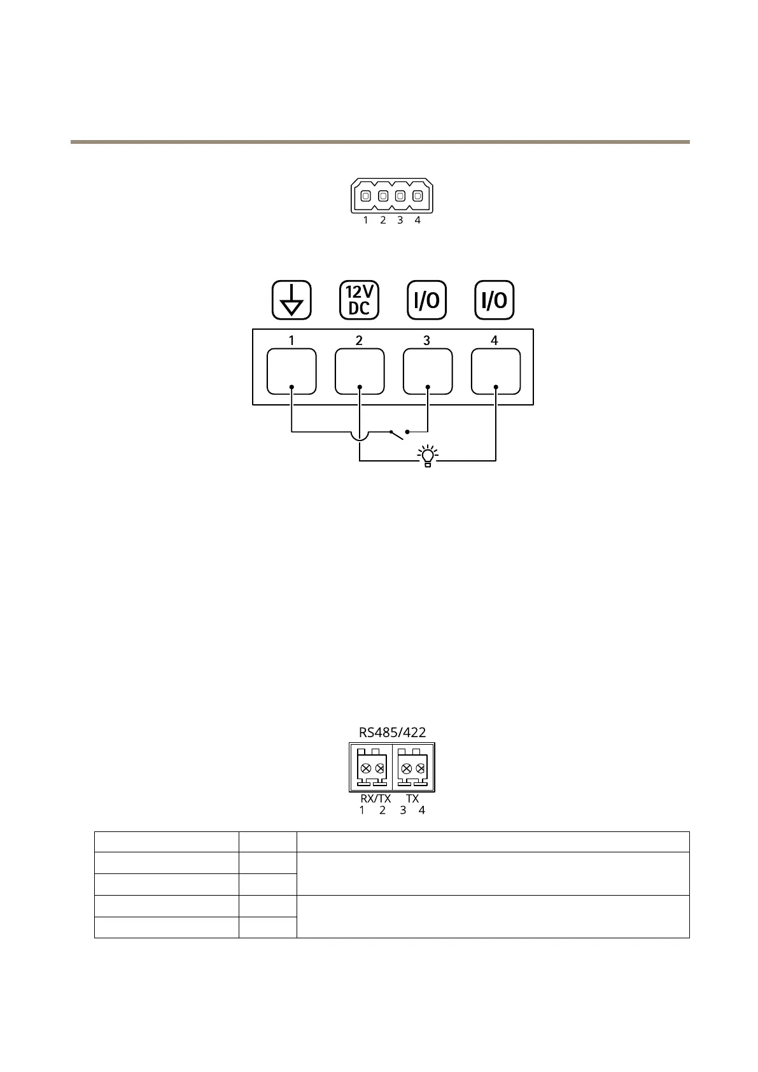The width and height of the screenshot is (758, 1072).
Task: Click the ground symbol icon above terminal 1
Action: point(291,300)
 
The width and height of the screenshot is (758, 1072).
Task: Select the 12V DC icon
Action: point(359,300)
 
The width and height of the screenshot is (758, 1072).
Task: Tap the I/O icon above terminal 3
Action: point(426,300)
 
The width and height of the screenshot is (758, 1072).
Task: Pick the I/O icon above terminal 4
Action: point(495,300)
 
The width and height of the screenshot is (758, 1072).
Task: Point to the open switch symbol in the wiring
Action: point(398,435)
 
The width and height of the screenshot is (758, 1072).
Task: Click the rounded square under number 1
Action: point(291,372)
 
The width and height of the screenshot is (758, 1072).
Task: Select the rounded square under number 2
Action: point(360,372)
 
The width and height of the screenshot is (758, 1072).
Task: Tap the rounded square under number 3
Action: point(428,372)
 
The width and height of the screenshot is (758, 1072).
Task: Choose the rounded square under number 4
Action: point(495,372)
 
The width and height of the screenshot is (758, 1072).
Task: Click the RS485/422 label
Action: point(392,732)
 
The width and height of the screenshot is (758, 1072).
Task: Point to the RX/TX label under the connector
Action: point(375,798)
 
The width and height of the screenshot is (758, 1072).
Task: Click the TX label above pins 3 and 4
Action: point(412,798)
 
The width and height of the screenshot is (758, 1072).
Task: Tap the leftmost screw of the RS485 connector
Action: point(365,769)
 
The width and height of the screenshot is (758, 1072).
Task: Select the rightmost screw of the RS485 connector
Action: point(420,769)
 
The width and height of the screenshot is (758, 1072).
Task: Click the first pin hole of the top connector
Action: point(365,196)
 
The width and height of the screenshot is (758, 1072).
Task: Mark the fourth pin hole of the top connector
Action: point(418,196)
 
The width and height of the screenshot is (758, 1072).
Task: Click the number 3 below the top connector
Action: point(400,220)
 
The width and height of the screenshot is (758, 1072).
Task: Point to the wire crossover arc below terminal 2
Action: point(360,437)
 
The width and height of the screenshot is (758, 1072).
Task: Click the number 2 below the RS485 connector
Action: point(383,810)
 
